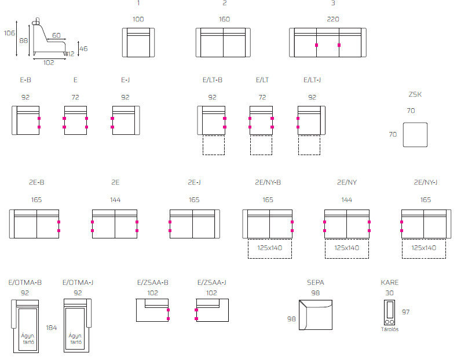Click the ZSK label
tap(415, 94)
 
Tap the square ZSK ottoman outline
tap(403, 135)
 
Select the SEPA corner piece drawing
tap(299, 315)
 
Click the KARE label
tap(390, 282)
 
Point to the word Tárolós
tap(390, 329)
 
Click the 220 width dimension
tap(333, 20)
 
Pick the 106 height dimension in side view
tap(9, 33)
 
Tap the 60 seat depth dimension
tap(56, 35)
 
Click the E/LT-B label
tap(213, 80)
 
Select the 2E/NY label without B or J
tap(347, 182)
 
